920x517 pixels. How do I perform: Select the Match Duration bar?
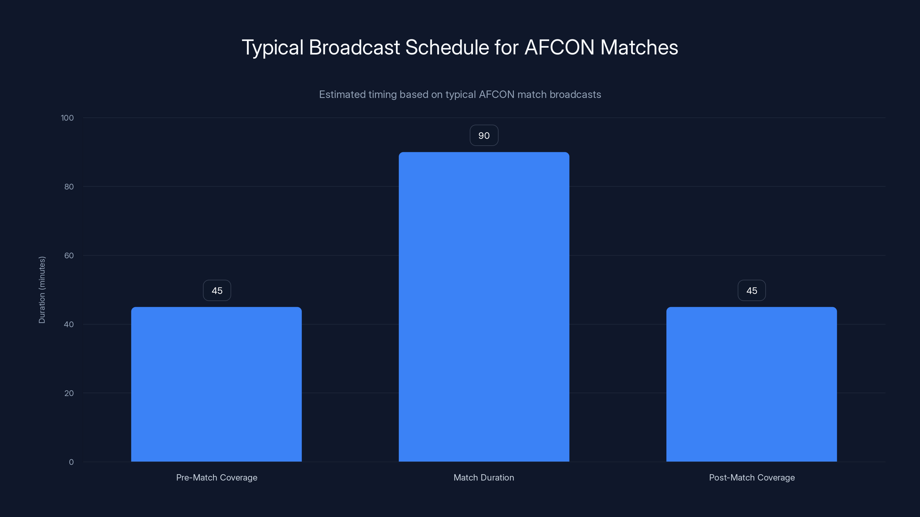484,307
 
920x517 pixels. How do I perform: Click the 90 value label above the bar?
484,136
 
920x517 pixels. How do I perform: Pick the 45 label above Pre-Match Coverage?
217,290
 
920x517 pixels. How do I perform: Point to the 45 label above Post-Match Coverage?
752,290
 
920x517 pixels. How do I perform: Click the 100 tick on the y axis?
67,118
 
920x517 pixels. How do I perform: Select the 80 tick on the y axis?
69,187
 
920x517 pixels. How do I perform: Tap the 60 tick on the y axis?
69,255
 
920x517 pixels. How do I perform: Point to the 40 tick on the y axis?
69,324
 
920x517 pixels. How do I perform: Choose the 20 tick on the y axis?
69,393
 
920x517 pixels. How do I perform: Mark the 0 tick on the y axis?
71,462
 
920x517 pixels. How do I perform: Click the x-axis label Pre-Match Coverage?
216,477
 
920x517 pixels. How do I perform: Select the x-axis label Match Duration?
484,477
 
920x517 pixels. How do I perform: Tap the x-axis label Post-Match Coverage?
752,477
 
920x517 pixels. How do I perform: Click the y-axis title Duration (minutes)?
42,290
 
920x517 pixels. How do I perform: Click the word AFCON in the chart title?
559,47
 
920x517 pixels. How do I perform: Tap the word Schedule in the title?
447,47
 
